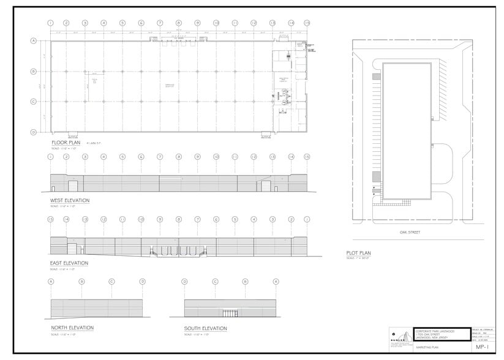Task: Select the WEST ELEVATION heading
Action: tap(70, 200)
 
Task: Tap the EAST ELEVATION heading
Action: tap(69, 263)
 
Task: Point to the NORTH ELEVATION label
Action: tap(72, 328)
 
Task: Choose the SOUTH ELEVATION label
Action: tap(206, 329)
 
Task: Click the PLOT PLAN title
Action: tap(359, 253)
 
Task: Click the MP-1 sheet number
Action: tap(481, 347)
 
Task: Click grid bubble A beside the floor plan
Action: tap(33, 41)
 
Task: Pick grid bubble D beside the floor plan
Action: tap(33, 132)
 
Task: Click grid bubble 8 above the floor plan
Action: tap(179, 23)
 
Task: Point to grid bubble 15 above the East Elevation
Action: tap(51, 219)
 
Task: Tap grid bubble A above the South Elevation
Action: tap(276, 282)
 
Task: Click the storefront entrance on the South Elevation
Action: tap(230, 313)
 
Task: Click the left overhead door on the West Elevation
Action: tap(72, 186)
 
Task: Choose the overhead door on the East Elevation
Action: tap(72, 249)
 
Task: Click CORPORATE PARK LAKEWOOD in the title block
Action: tap(436, 331)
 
